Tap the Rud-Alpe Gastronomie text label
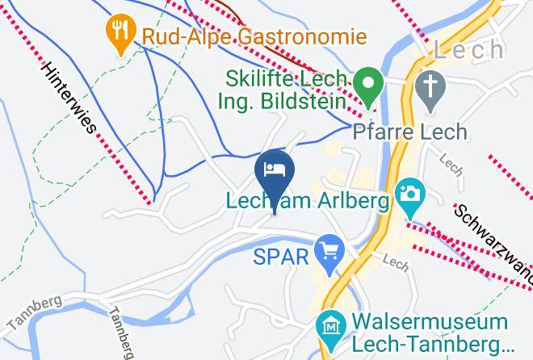click(x=254, y=36)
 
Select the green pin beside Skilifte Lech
click(x=371, y=86)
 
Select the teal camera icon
click(x=410, y=195)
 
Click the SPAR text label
click(x=279, y=257)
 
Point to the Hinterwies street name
click(x=70, y=98)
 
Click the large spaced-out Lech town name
click(x=480, y=50)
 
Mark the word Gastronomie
click(x=301, y=36)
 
